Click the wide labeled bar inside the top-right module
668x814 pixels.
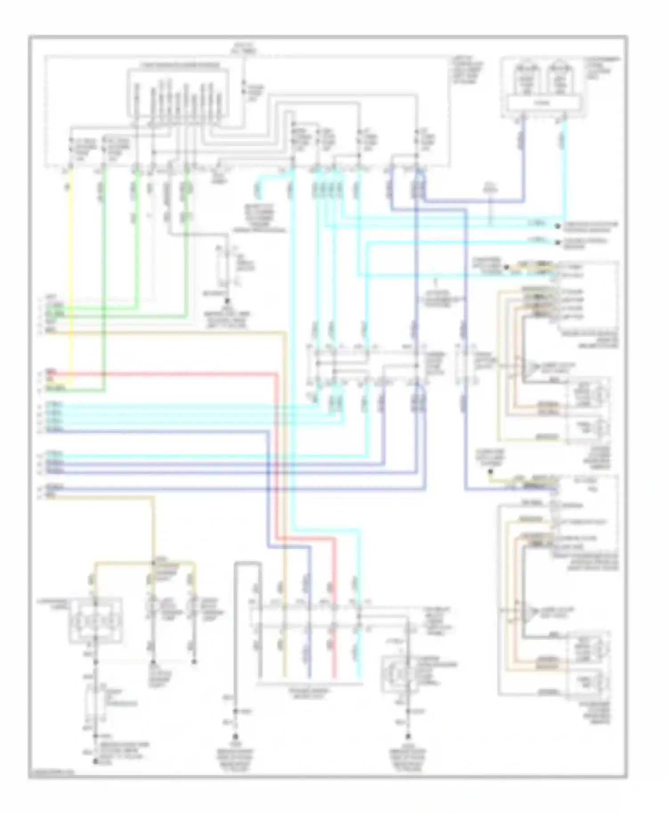click(x=542, y=103)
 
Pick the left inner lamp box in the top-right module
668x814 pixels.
click(x=525, y=80)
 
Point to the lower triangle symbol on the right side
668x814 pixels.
click(x=530, y=614)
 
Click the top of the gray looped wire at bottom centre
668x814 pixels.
click(x=248, y=564)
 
